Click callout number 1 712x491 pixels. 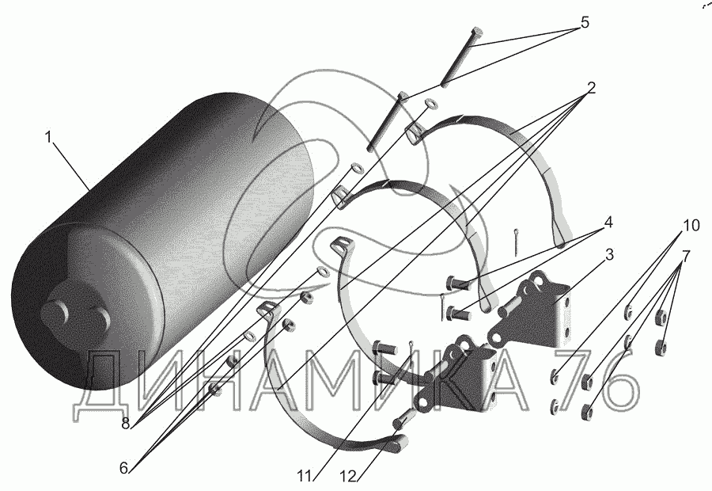[48, 137]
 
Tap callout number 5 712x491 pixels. [585, 22]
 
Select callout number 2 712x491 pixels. [590, 86]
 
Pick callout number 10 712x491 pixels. [691, 226]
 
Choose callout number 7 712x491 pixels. [686, 256]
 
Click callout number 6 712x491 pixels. [123, 467]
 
